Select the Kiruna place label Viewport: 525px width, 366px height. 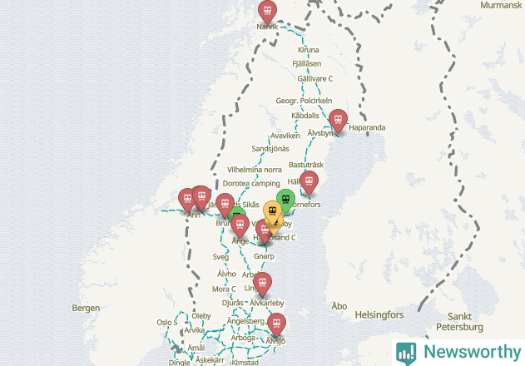[x=308, y=50]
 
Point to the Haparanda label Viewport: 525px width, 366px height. [x=367, y=128]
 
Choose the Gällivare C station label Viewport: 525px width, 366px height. [x=315, y=78]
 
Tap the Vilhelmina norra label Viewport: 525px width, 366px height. [x=255, y=169]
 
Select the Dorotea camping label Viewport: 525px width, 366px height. [x=252, y=183]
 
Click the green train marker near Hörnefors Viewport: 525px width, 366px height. [x=285, y=200]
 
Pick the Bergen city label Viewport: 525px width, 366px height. [x=86, y=308]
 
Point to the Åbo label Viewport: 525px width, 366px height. [x=339, y=306]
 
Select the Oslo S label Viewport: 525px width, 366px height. [x=167, y=322]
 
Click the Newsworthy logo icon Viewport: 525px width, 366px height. [x=407, y=352]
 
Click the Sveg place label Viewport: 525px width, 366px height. [x=220, y=257]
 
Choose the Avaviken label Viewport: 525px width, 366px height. [x=285, y=136]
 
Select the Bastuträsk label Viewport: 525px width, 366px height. [x=305, y=166]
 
